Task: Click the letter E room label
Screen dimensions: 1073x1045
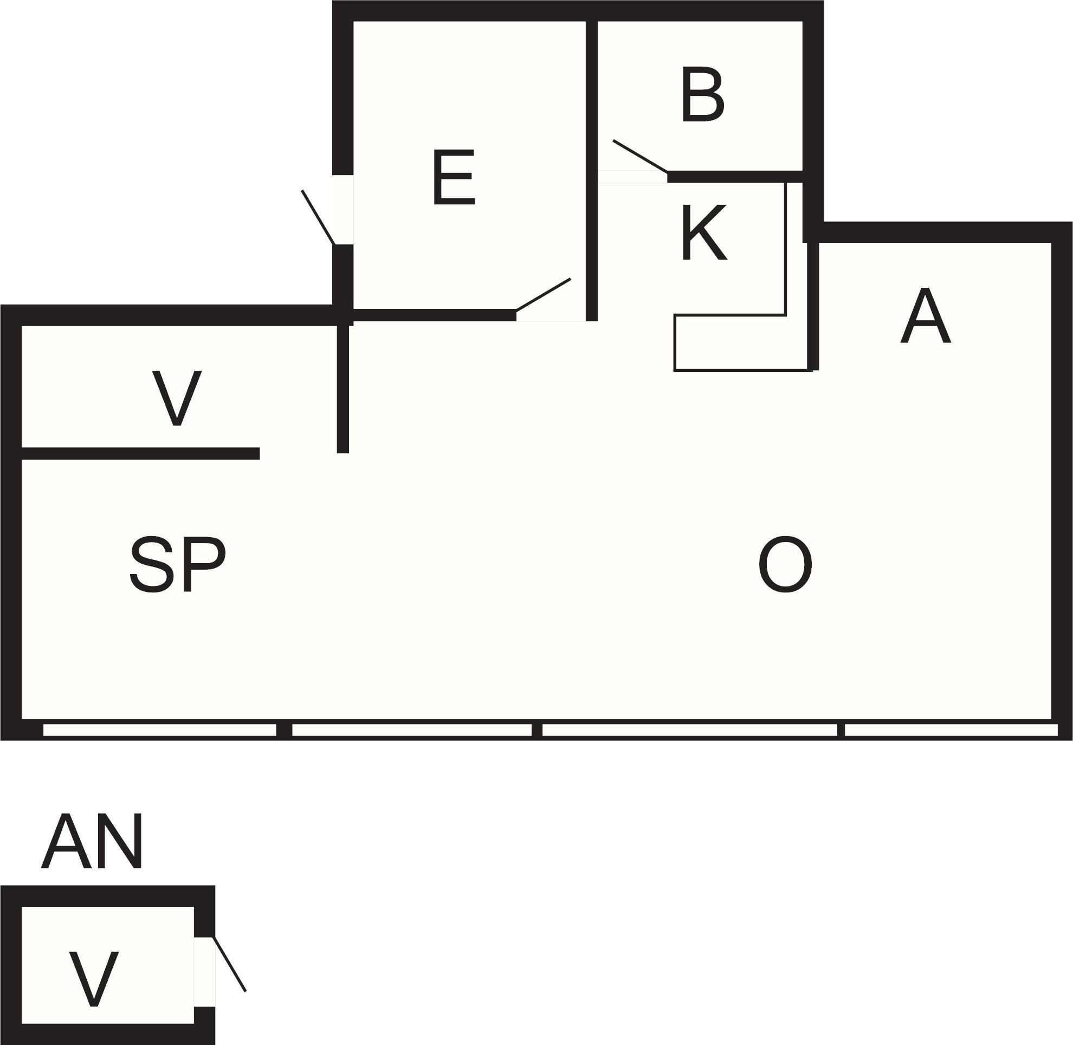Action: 454,177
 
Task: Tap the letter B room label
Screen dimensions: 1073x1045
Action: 702,94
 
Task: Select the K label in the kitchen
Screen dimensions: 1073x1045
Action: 704,231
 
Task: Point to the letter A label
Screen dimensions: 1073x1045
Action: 926,315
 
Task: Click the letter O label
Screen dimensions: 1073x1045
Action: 785,564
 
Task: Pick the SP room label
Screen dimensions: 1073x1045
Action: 178,564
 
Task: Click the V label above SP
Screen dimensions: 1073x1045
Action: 177,398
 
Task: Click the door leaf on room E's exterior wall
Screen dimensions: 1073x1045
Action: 318,217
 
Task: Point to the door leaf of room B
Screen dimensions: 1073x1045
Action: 640,157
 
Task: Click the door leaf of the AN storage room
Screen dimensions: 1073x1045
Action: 229,964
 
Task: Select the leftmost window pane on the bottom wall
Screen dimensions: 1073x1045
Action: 160,730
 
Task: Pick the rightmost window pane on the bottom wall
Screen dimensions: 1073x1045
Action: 951,730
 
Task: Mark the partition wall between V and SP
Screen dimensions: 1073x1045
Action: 140,453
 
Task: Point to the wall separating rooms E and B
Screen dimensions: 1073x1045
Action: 591,170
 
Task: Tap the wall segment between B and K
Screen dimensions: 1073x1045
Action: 735,177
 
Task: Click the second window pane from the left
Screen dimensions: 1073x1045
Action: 412,730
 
